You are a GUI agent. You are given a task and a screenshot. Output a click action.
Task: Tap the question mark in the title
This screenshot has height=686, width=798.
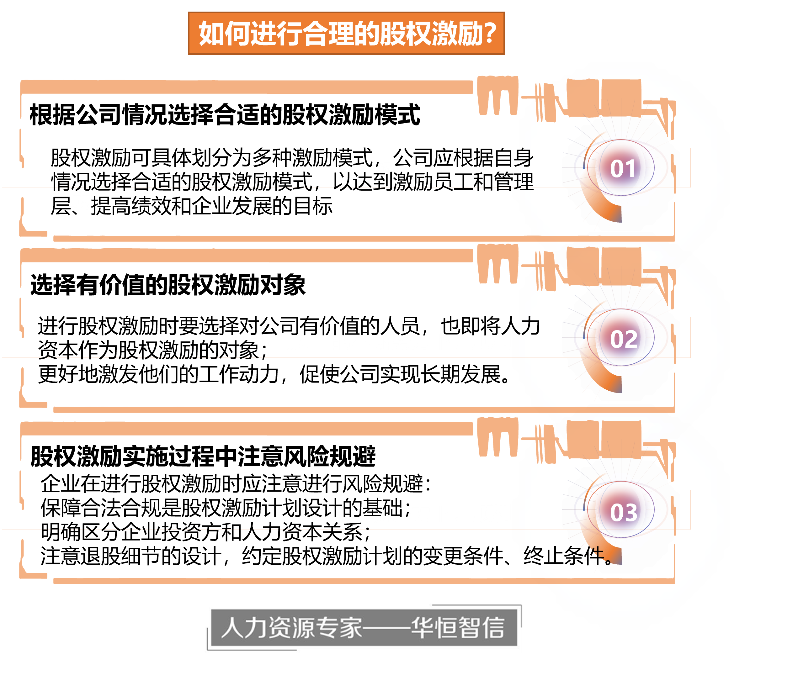(x=490, y=34)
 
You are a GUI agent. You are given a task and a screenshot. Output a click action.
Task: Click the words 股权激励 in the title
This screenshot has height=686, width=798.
(x=431, y=34)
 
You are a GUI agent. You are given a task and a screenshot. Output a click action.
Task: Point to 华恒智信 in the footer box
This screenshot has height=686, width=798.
(x=458, y=627)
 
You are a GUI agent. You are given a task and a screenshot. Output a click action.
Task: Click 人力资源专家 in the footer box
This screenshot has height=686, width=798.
(x=291, y=627)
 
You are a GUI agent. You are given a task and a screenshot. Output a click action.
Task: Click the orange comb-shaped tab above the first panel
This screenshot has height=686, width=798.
(x=497, y=96)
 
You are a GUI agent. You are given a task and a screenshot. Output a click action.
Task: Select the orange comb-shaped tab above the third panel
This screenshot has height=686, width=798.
(x=497, y=437)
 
